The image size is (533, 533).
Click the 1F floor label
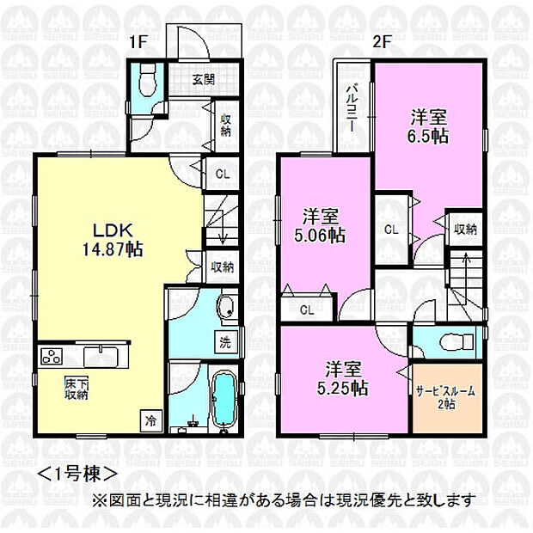pos(138,42)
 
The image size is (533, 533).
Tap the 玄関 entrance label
pos(204,80)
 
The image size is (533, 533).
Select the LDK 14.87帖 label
pos(113,241)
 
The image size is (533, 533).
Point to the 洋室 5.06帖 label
pos(320,226)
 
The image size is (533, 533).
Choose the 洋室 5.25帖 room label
pos(343,378)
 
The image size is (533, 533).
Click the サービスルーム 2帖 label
pos(445,397)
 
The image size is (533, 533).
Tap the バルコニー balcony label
pos(352,109)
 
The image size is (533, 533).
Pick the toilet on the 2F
pos(456,341)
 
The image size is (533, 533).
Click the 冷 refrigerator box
pos(150,421)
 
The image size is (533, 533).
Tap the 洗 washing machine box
pos(225,343)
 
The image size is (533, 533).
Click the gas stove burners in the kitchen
pos(52,357)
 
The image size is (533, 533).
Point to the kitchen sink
pos(101,357)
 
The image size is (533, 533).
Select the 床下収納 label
pos(77,389)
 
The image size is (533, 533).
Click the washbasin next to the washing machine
pos(226,306)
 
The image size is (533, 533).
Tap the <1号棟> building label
pos(77,474)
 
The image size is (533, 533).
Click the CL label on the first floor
pos(223,175)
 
